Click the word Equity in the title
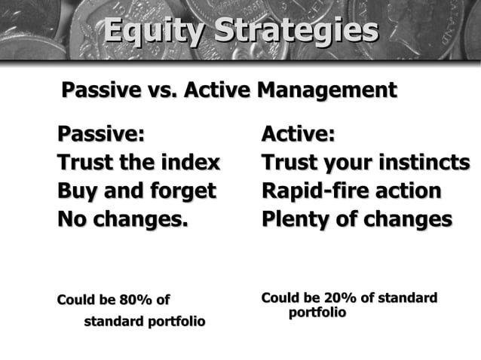[x=154, y=32]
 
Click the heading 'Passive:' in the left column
[x=100, y=135]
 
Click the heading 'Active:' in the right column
[x=298, y=135]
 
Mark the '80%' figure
[x=135, y=300]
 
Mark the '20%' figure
[x=339, y=298]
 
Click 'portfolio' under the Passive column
[x=176, y=322]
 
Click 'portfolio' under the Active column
[x=317, y=312]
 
